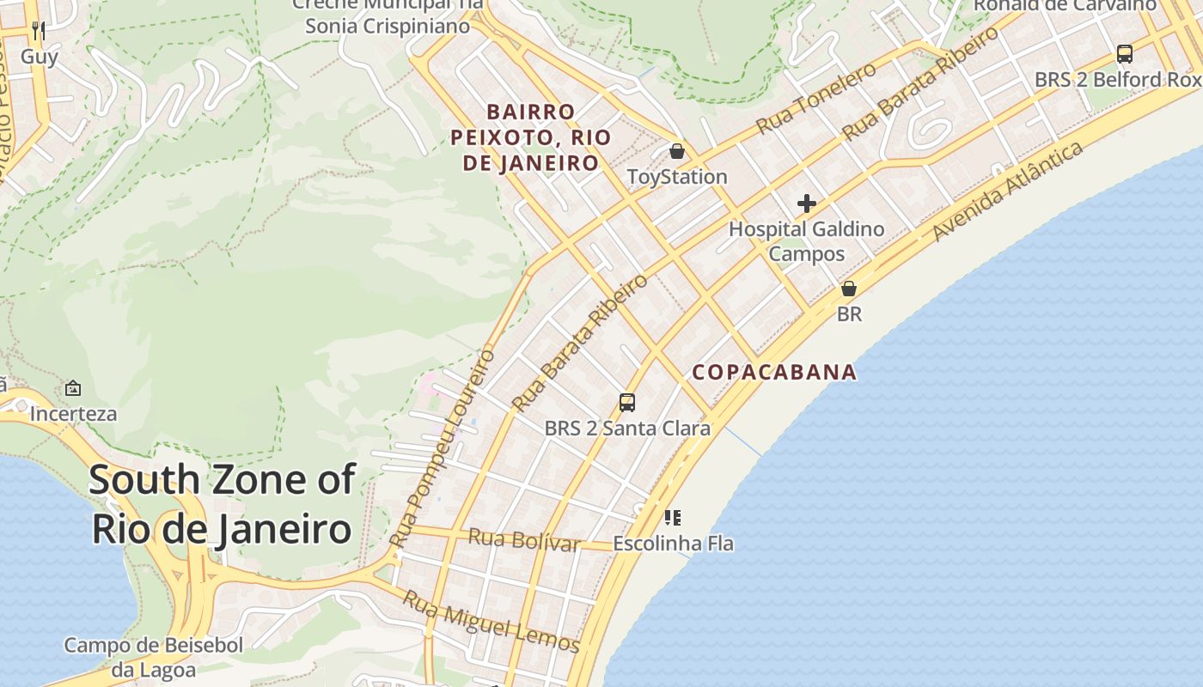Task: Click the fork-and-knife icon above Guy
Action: tap(38, 31)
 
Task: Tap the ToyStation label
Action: tap(677, 177)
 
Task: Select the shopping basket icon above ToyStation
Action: tap(677, 152)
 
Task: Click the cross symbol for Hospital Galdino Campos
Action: tap(806, 204)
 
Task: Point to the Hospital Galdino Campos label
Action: tap(806, 241)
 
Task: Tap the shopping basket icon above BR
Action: tap(849, 289)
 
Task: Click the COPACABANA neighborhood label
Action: tap(774, 372)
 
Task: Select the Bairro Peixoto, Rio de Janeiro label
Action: tap(530, 137)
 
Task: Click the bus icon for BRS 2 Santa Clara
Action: tap(627, 402)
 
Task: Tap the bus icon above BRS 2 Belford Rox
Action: tap(1124, 54)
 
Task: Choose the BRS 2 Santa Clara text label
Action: tap(627, 428)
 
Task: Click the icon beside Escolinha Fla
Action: tap(673, 518)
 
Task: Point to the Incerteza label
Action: tap(73, 414)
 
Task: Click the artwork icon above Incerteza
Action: tap(73, 388)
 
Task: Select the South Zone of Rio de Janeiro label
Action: tap(222, 503)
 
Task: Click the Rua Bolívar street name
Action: tap(523, 540)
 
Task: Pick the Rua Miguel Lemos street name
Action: tap(492, 620)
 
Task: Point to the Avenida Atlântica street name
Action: tap(1007, 192)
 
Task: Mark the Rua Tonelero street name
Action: tap(815, 98)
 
